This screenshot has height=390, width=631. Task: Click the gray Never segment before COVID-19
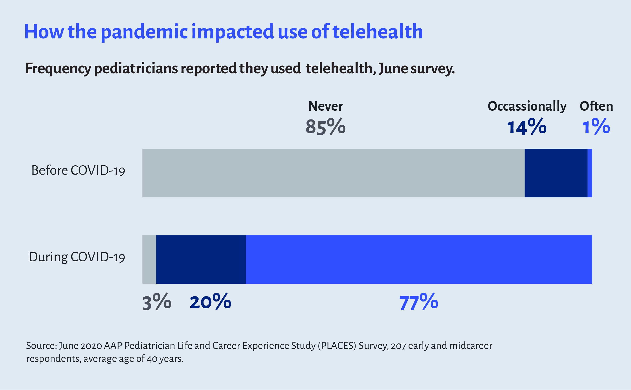333,173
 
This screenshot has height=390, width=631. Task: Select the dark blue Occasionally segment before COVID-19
556,173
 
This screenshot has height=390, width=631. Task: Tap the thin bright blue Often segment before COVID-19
590,173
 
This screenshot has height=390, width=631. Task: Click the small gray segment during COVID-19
149,260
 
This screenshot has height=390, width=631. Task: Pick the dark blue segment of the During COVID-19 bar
201,260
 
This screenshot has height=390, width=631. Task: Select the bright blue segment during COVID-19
419,260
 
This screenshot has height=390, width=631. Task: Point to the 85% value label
325,127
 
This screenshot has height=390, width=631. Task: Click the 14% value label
527,127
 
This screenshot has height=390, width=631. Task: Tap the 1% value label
596,127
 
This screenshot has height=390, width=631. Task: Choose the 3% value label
157,302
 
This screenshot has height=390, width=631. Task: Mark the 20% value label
210,302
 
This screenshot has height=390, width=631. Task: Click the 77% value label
419,302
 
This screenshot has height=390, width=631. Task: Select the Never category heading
326,106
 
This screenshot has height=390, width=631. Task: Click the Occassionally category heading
527,106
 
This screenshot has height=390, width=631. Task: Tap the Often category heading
596,106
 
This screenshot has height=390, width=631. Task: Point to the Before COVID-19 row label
78,170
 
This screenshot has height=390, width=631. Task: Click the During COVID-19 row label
77,257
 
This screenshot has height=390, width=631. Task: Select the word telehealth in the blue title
377,31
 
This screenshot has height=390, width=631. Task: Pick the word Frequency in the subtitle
58,69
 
